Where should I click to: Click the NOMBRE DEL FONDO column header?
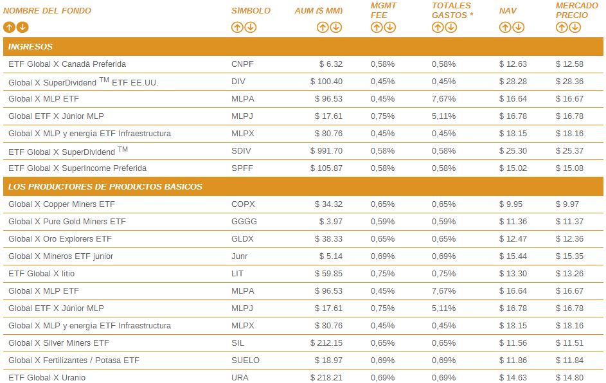point(47,11)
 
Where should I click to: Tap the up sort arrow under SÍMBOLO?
point(237,27)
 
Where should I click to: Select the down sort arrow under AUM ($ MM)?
point(336,27)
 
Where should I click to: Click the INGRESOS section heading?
point(31,47)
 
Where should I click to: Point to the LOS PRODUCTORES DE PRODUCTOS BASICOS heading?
point(105,187)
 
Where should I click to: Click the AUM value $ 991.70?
point(326,151)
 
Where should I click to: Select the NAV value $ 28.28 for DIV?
point(513,82)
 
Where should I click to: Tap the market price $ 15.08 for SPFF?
point(569,168)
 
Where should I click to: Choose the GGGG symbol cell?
point(244,222)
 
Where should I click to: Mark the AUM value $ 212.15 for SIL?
point(326,343)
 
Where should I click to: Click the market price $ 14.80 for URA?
point(569,378)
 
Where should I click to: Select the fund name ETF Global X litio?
point(42,274)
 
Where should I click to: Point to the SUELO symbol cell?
point(245,361)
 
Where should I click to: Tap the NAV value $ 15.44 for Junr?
point(513,256)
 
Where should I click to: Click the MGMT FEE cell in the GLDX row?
point(382,239)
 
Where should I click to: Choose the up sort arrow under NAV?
point(505,27)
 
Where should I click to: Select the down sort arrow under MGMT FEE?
point(390,27)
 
